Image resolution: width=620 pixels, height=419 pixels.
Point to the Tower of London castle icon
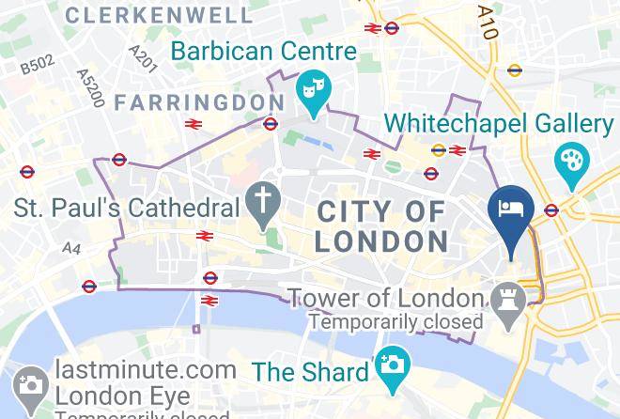505,300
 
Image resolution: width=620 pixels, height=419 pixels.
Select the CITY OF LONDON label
381,225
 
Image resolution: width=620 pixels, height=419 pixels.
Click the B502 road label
38,63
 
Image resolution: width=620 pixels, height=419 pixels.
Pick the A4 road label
71,248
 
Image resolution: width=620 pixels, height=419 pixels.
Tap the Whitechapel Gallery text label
499,122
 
